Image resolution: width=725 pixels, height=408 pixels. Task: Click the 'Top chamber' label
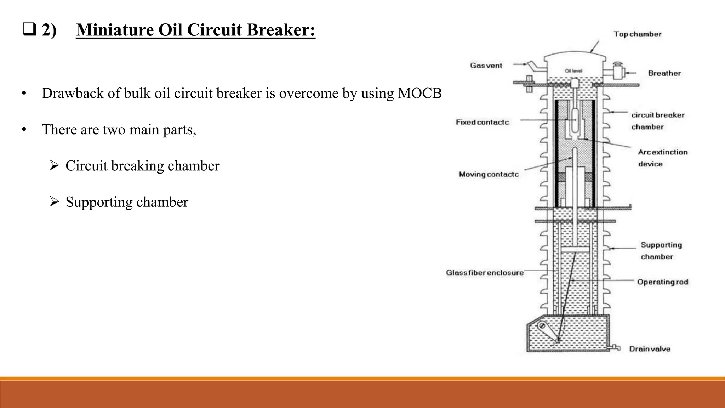637,34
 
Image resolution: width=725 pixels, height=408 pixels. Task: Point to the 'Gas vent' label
486,66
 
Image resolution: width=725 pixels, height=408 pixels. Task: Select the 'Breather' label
664,73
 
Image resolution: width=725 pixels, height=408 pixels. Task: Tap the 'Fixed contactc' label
482,122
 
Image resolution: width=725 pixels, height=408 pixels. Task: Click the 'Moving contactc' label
489,174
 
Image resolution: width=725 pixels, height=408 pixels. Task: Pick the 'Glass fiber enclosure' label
484,273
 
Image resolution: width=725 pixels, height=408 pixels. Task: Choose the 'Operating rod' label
662,282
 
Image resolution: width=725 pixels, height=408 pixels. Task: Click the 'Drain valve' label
649,349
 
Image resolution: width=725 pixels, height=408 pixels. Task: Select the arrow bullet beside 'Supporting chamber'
54,202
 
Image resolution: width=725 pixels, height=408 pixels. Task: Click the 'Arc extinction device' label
662,158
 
